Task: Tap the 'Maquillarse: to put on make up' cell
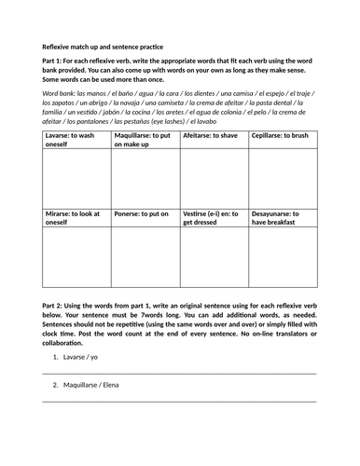click(x=144, y=138)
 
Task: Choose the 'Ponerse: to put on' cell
click(x=142, y=213)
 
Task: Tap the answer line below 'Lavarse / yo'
click(x=179, y=372)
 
